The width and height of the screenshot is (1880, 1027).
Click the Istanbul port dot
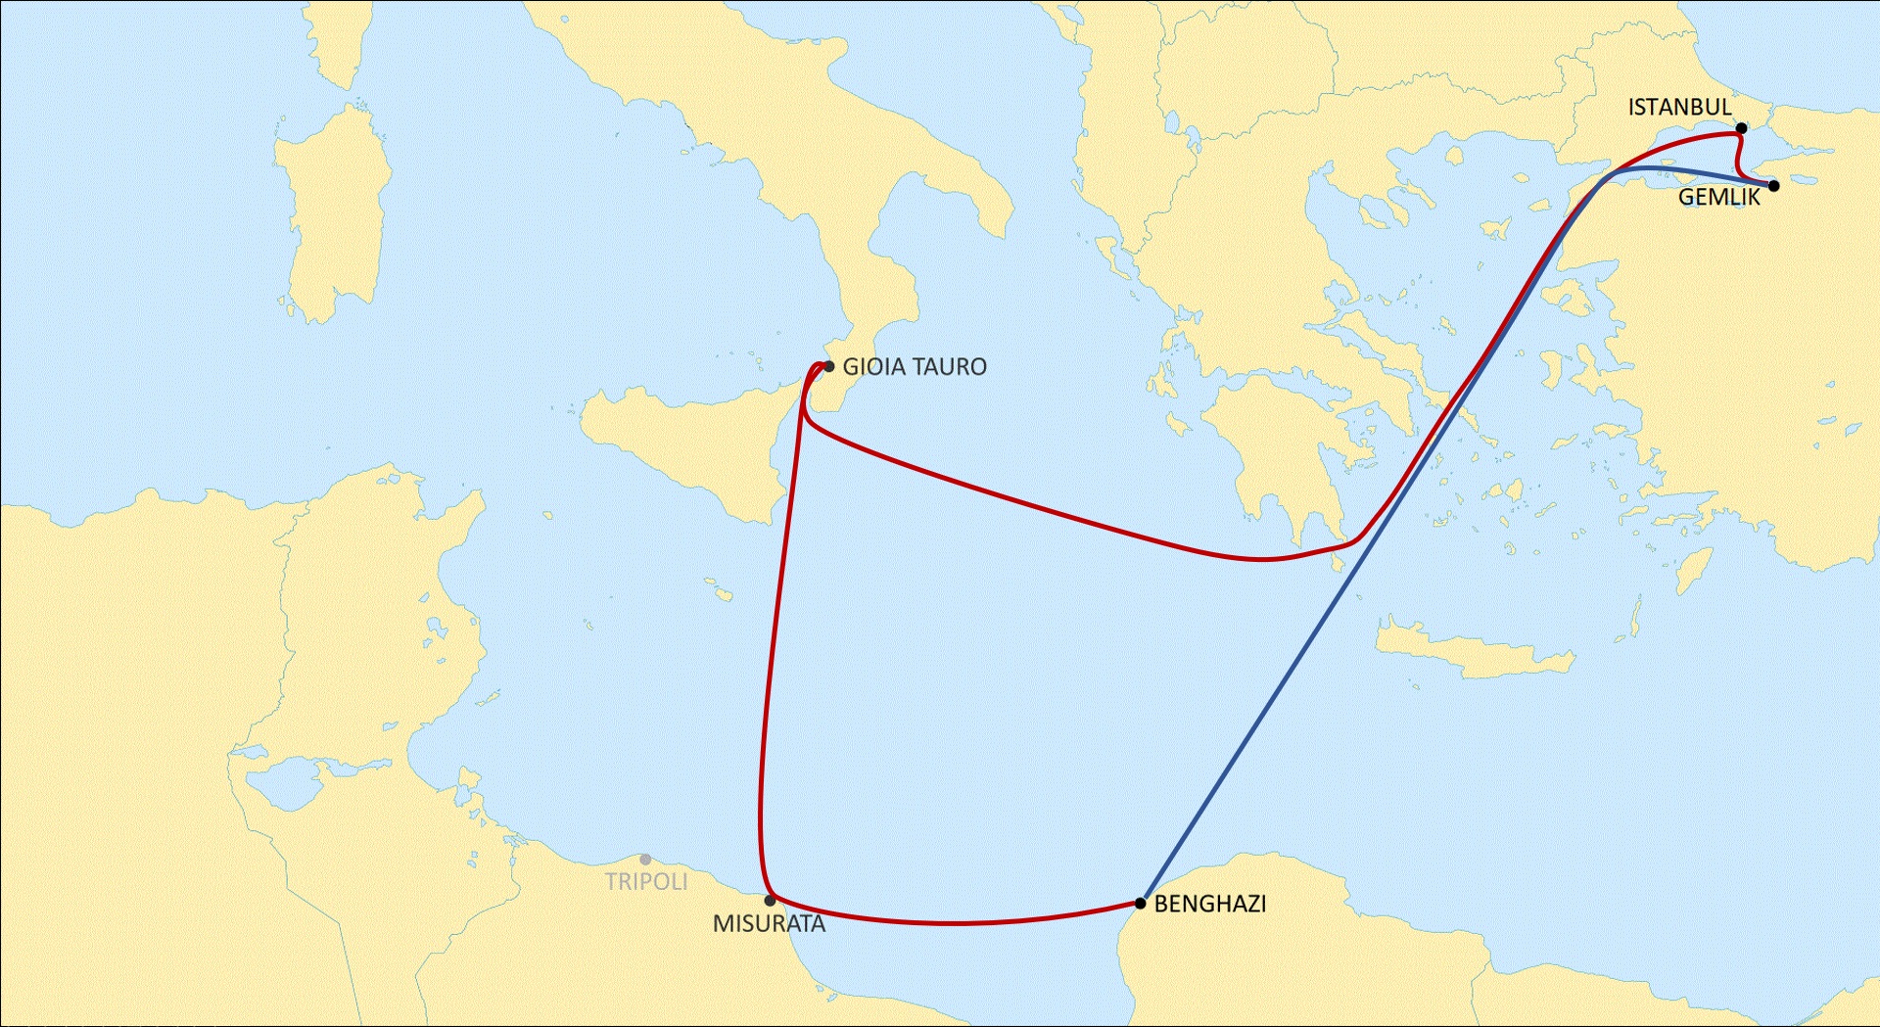point(1741,128)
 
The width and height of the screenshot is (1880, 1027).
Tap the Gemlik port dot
point(1773,185)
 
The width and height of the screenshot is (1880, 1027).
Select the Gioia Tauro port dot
point(829,367)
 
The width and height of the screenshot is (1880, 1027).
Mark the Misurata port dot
point(770,901)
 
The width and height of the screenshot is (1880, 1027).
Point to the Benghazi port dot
point(1141,903)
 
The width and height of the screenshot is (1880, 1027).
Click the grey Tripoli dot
point(645,860)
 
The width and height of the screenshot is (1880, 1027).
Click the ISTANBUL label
point(1679,108)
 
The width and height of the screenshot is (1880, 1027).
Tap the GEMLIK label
point(1718,198)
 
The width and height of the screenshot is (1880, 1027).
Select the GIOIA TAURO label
point(915,367)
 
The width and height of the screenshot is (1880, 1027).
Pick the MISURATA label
point(769,924)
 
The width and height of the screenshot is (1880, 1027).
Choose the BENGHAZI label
point(1210,904)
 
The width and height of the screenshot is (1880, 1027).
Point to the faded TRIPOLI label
point(646,881)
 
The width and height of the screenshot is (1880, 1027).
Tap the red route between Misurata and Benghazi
point(950,923)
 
